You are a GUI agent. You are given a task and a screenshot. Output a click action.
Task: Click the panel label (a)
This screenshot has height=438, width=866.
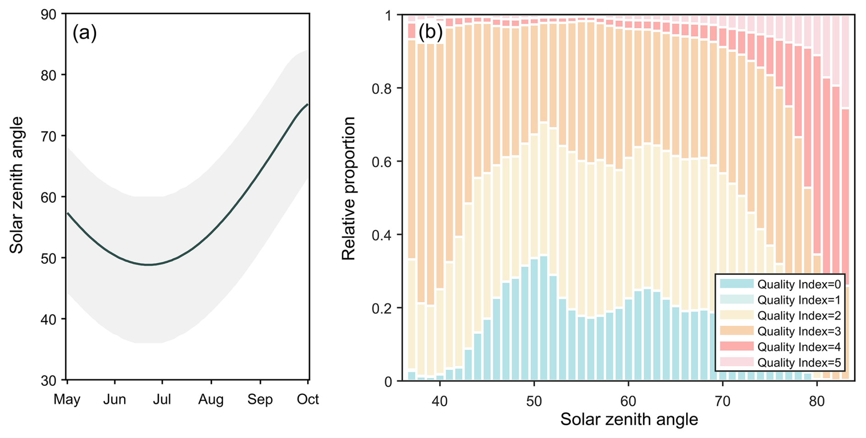pos(85,33)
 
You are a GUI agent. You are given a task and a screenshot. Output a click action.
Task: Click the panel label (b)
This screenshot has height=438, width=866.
pos(430,32)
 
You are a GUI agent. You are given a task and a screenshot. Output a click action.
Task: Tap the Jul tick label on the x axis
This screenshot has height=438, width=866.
pos(162,399)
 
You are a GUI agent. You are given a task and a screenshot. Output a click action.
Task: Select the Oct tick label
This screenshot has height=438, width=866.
pos(308,399)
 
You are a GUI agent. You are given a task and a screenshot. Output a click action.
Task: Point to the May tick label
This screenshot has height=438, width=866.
pos(67,399)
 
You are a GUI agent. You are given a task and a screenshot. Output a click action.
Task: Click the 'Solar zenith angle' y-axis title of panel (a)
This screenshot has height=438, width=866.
pos(17,185)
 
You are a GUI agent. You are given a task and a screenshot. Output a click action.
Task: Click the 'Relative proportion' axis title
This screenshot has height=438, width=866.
pos(349,188)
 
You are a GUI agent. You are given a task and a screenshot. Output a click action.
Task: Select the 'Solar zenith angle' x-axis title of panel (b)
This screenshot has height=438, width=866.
pos(629,419)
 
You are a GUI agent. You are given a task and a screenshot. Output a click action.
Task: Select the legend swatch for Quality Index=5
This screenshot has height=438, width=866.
pos(736,362)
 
